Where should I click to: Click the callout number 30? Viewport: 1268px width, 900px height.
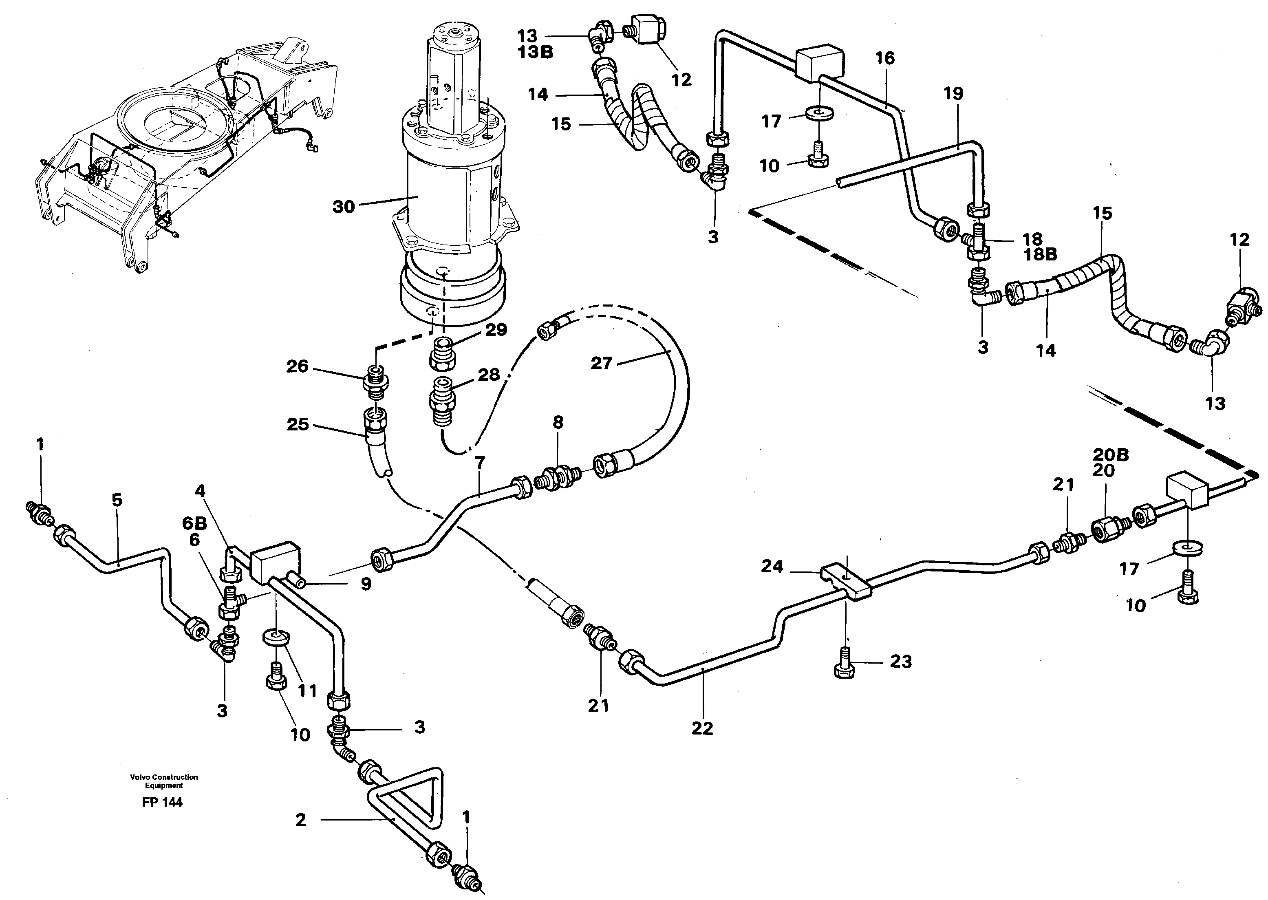click(343, 207)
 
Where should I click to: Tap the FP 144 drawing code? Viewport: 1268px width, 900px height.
click(162, 802)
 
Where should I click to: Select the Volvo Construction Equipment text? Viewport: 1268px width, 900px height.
click(164, 781)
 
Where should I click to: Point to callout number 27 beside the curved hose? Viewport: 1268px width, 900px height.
click(601, 364)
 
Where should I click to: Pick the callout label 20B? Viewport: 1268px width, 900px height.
click(1111, 455)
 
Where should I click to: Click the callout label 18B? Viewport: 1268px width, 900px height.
click(1040, 254)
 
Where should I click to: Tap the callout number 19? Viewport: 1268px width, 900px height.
click(954, 94)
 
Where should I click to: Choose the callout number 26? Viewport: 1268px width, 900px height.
click(297, 366)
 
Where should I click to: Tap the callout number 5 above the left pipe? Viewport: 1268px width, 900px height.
click(117, 500)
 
